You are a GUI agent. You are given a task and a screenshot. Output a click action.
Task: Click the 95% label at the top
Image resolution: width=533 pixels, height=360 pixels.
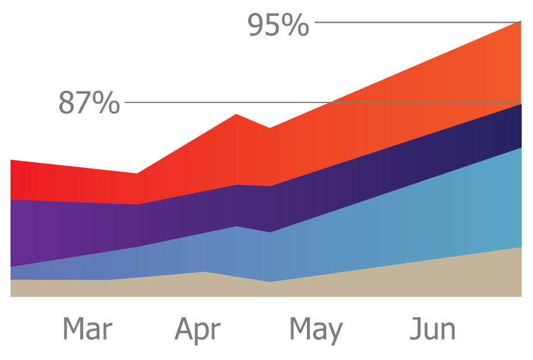tap(278, 25)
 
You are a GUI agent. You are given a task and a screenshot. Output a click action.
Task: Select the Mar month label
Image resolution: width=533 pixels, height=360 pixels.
tap(88, 330)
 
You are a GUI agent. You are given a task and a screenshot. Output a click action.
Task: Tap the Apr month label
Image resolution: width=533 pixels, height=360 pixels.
tap(199, 330)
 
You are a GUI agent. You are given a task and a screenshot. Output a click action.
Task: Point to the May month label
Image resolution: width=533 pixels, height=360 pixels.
tap(316, 330)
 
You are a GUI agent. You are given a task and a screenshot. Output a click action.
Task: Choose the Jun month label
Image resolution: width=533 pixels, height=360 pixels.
tap(433, 329)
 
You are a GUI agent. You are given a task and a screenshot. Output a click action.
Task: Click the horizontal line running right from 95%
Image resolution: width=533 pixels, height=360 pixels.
tap(416, 23)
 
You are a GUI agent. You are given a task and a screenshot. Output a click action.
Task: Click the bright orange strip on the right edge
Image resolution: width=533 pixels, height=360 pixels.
tap(527, 125)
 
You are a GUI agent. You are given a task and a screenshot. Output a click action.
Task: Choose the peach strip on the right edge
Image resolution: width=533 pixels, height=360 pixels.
tap(527, 197)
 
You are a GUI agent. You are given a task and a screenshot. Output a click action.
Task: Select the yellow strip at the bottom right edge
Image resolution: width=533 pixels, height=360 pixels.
tap(527, 272)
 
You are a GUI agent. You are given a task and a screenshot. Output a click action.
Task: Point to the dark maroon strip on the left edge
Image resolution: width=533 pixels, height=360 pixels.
tap(5, 228)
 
